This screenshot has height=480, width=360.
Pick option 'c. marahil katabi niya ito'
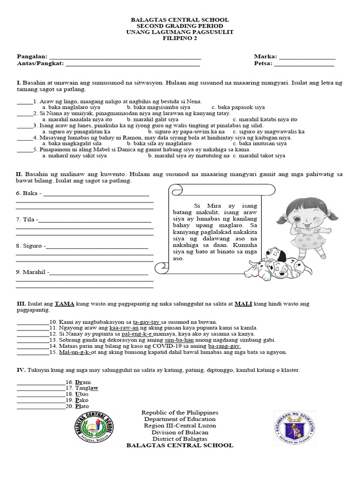point(265,119)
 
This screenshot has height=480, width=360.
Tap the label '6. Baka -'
point(29,193)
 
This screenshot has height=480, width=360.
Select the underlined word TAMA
point(62,304)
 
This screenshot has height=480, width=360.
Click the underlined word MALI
point(243,304)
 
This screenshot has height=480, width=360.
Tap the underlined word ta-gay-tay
point(147,322)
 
